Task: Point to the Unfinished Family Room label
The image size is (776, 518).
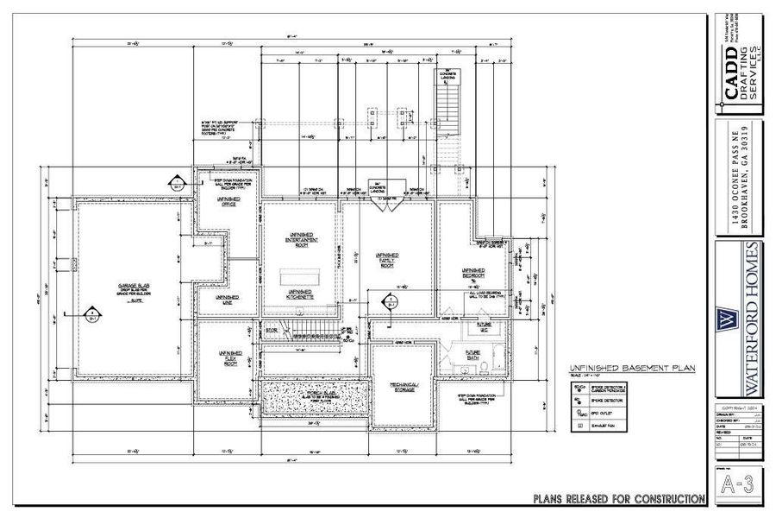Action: coord(387,260)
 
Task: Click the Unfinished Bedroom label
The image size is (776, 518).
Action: coord(472,275)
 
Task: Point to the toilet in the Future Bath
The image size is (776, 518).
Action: coord(485,366)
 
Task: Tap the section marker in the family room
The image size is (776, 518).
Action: coord(389,301)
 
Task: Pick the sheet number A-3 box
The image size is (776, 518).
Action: coord(740,483)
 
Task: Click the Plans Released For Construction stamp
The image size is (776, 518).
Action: coord(619,498)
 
